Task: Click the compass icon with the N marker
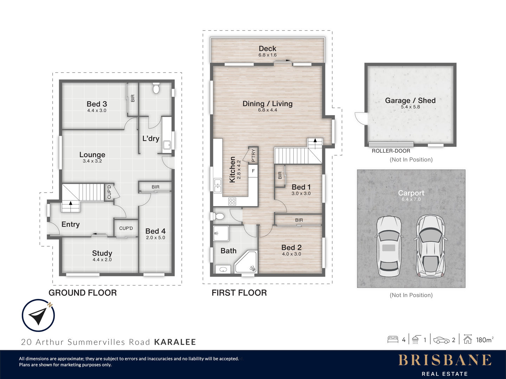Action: click(38, 315)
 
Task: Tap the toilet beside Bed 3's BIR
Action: click(156, 88)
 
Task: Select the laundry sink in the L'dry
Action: click(167, 145)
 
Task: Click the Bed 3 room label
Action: click(97, 104)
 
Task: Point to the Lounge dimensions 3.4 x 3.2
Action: click(92, 161)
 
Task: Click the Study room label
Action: click(102, 253)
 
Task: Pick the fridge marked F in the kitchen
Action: click(253, 171)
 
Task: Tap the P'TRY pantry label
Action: click(253, 155)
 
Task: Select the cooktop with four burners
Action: click(232, 201)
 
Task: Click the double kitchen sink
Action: click(218, 186)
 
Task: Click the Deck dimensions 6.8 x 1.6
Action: click(267, 55)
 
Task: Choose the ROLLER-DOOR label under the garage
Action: click(391, 151)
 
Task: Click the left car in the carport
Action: click(389, 246)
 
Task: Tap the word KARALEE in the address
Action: click(175, 342)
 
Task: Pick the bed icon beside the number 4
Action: click(393, 340)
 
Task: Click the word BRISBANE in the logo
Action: click(445, 360)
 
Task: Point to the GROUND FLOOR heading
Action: click(83, 293)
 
